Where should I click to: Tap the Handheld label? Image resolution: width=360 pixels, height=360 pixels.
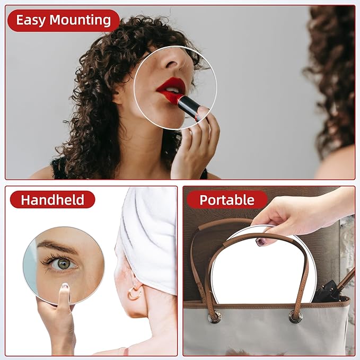[52, 200]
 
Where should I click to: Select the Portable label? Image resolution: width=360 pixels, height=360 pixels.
[227, 200]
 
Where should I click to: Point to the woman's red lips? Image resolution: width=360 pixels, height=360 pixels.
[171, 87]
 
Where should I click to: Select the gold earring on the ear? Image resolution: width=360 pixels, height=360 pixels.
[134, 293]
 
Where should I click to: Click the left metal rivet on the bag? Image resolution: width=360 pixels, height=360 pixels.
[214, 317]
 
